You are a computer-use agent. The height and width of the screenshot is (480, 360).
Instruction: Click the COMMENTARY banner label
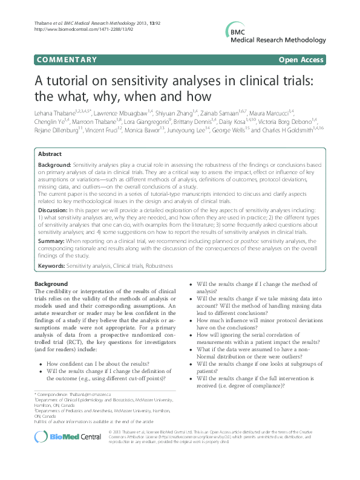pyautogui.click(x=67, y=60)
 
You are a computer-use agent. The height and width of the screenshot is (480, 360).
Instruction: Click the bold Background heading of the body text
pyautogui.click(x=51, y=284)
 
